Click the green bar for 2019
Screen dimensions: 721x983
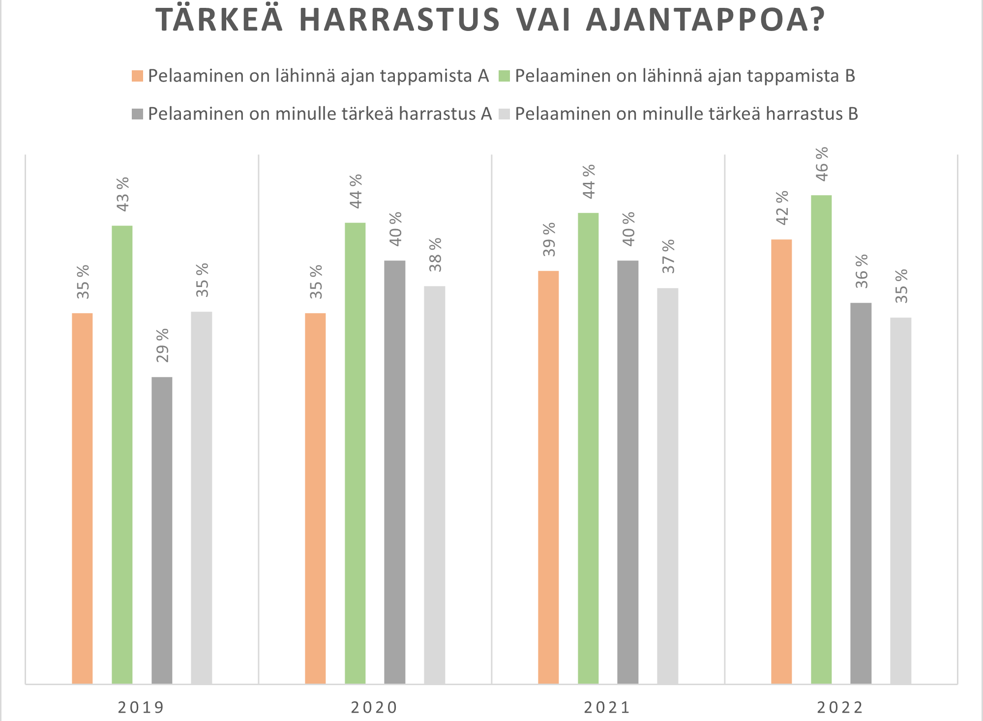tap(122, 455)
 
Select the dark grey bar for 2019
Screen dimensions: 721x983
tap(162, 530)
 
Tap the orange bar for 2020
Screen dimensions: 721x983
tap(315, 498)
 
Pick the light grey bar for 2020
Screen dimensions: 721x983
tap(435, 485)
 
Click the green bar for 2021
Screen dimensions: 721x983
tap(588, 448)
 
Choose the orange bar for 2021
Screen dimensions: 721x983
tap(548, 477)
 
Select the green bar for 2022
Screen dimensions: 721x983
tap(821, 439)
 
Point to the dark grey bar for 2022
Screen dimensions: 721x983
tap(861, 493)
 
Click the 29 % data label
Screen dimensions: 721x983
tap(162, 345)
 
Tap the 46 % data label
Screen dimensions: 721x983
tap(822, 164)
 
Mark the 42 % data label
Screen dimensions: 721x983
tap(782, 207)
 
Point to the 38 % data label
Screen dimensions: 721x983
tap(435, 255)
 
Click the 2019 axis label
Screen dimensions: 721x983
tap(141, 707)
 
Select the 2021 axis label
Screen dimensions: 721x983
tap(607, 707)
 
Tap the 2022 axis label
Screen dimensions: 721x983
tap(840, 707)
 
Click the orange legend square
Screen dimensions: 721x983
tap(137, 76)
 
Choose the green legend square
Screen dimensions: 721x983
tap(504, 76)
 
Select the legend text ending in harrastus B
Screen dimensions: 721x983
tap(686, 114)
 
